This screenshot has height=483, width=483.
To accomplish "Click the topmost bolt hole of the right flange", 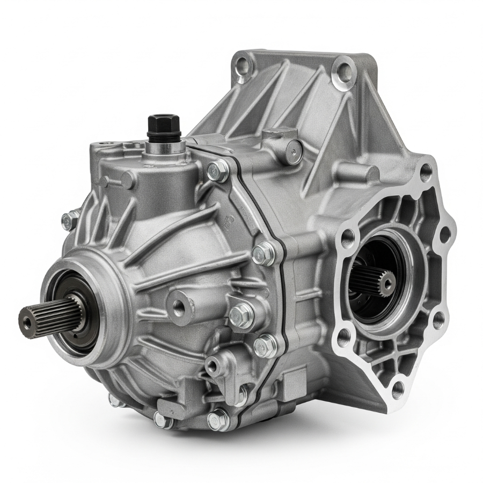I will coord(426,172).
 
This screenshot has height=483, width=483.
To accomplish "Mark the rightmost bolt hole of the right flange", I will coord(444,234).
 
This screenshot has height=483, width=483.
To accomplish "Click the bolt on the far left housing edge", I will coord(68,221).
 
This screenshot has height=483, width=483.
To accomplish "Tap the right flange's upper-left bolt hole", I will coord(348,235).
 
